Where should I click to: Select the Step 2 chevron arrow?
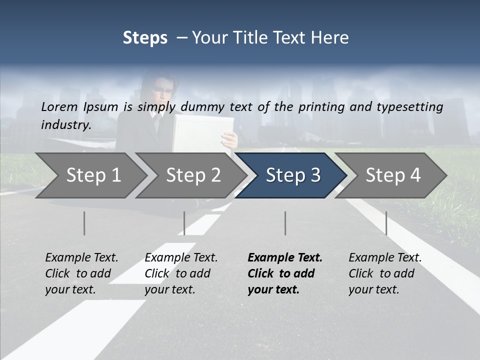point(192,175)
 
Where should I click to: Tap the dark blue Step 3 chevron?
point(292,175)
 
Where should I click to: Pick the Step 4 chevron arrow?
point(392,175)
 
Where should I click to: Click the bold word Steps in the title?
point(145,37)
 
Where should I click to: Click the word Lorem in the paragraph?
point(59,106)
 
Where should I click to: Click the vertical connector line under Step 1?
point(84,223)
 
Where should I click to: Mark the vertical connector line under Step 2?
point(184,223)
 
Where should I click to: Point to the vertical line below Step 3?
point(285,223)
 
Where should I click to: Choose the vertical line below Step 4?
point(386,223)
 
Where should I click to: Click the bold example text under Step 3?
point(284,273)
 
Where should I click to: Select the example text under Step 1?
point(81,273)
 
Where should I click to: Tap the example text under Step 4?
point(384,273)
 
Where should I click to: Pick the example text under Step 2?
point(180,273)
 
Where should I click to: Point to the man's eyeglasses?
point(164,91)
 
